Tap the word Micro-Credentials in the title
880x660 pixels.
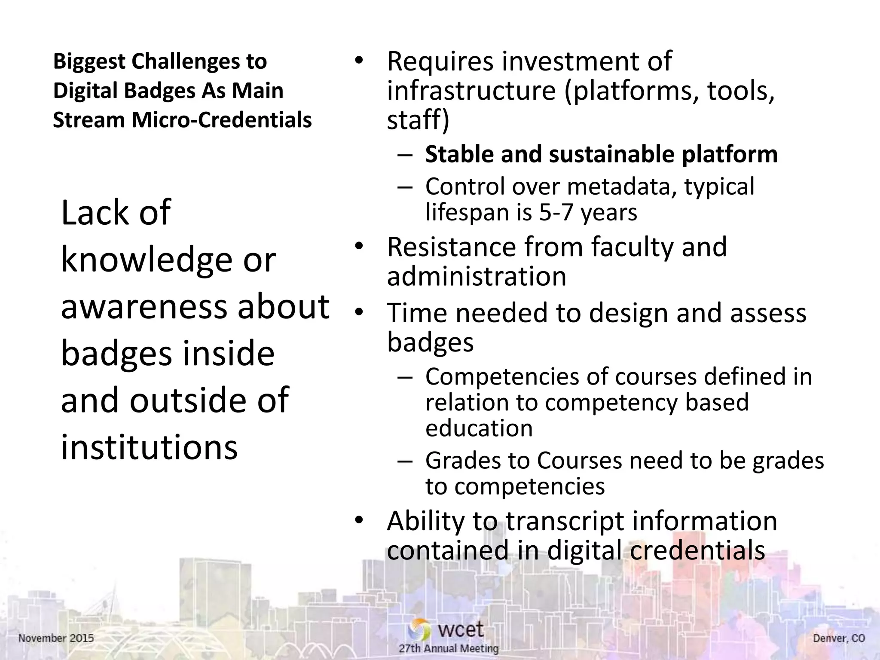[221, 120]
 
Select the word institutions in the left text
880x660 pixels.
[149, 447]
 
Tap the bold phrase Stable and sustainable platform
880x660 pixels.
[601, 154]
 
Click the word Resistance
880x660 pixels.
[451, 247]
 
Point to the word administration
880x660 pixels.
[477, 276]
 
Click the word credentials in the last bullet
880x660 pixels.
[697, 550]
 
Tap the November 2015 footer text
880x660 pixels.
[56, 638]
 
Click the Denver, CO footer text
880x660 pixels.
[838, 639]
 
